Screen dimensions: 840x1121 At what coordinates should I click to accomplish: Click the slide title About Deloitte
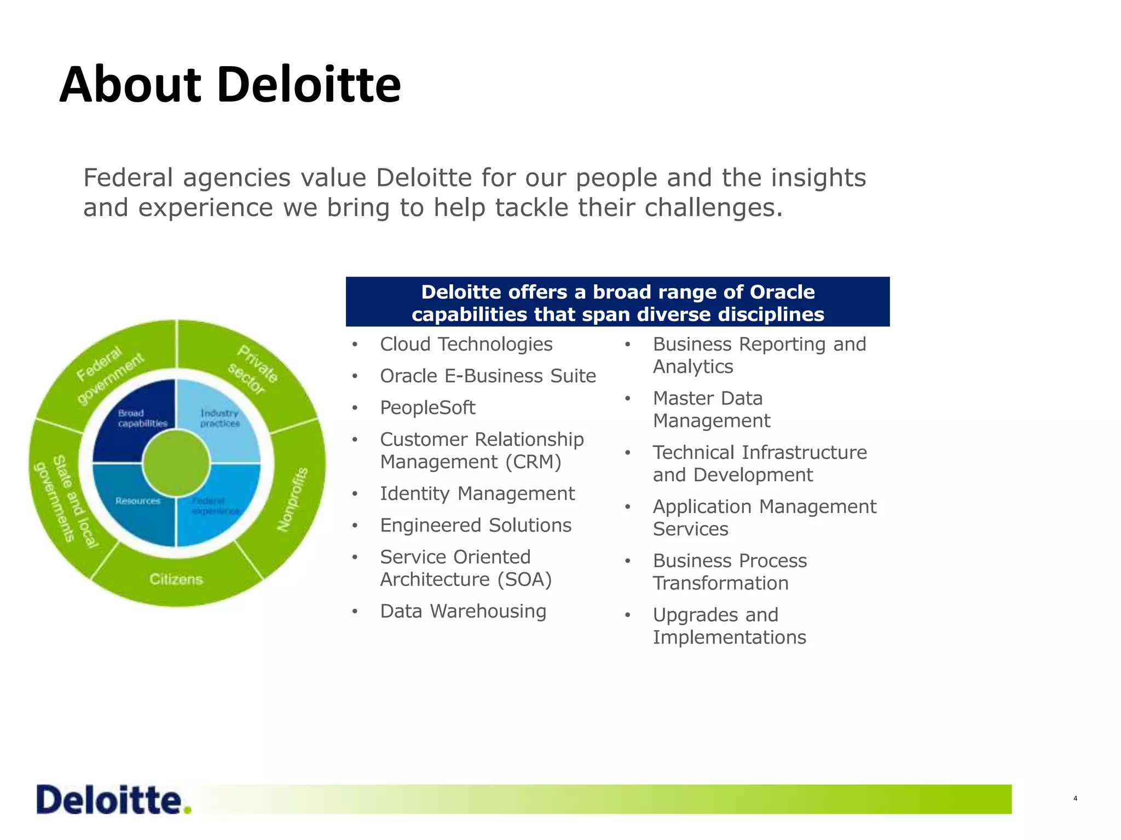click(x=230, y=85)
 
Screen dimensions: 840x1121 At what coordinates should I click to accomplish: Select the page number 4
click(x=1075, y=798)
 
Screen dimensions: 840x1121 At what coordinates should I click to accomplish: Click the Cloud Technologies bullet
click(x=466, y=344)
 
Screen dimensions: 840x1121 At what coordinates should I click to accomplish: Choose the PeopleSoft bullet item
click(x=427, y=407)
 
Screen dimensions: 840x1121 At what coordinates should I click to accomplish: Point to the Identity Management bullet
click(x=477, y=493)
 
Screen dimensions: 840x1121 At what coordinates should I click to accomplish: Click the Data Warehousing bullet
click(x=463, y=611)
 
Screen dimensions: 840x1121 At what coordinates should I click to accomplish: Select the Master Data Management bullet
click(x=711, y=409)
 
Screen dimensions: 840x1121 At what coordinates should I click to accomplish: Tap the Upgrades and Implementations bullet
click(x=729, y=626)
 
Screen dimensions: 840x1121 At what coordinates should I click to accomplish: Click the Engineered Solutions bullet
click(x=476, y=525)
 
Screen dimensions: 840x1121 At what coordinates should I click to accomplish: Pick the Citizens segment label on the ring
click(x=176, y=579)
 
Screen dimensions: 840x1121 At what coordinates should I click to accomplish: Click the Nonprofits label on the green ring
click(x=293, y=499)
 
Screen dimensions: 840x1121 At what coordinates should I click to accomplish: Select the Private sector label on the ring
click(x=253, y=370)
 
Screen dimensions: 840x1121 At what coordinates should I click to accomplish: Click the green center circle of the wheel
click(x=176, y=463)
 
